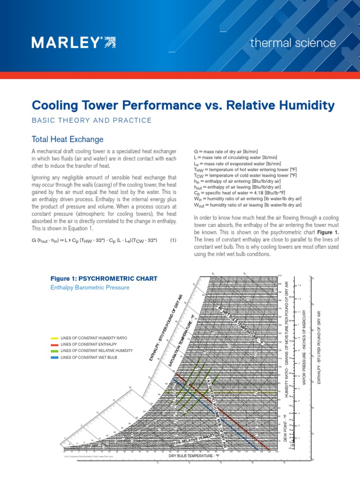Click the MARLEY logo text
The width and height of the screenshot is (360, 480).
click(67, 43)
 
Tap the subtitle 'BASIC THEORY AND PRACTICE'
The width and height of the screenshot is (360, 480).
click(91, 121)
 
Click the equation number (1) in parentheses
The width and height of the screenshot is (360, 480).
click(173, 240)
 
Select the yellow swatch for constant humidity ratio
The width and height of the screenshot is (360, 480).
click(55, 338)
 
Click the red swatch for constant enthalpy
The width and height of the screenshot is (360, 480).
click(55, 345)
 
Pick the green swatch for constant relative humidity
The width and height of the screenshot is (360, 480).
click(55, 351)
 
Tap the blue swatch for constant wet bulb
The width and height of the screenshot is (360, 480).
click(55, 357)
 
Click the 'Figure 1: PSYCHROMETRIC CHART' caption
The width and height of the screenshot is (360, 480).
click(104, 278)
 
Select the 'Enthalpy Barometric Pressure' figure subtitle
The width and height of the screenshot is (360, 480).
click(90, 287)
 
